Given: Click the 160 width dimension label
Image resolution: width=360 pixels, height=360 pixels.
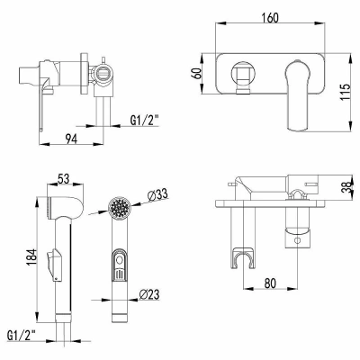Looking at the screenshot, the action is coord(270,18).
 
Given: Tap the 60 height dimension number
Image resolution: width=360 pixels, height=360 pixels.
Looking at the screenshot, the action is coord(197,74).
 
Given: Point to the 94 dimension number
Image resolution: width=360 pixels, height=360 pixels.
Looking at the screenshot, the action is coord(71,139).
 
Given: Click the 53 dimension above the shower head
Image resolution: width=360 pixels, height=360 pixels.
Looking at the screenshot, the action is coord(63,179).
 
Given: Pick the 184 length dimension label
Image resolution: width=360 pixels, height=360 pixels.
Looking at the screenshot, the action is coord(31,256).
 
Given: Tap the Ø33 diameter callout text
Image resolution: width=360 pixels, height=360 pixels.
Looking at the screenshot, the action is coord(157,195).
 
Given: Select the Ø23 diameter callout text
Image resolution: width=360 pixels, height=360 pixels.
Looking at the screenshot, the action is coord(149,294).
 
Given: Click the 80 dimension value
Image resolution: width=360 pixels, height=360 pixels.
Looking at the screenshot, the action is coord(270,283).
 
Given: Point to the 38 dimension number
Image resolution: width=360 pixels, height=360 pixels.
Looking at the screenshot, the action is coord(346,188).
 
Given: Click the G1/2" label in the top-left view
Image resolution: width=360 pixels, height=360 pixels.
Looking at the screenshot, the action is coord(144,121).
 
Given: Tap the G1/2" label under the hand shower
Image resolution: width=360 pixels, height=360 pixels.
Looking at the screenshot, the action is coord(21,336).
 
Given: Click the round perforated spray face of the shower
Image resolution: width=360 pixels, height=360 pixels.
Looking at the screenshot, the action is coord(120,207).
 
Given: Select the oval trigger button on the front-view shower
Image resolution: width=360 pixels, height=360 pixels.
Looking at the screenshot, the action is coord(120,265).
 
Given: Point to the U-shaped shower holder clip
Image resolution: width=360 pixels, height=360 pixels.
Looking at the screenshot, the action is coord(242,258).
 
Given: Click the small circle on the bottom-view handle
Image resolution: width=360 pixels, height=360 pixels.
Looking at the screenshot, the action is coord(297,240).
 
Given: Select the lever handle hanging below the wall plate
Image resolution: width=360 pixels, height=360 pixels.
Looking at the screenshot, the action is coord(298,96).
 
